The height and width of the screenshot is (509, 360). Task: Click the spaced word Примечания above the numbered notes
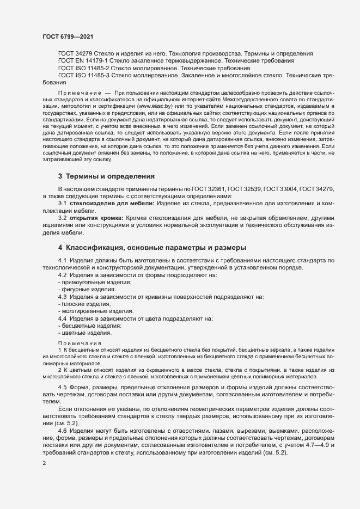point(80,344)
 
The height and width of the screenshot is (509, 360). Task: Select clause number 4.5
point(63,387)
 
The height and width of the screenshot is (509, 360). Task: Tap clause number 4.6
point(63,431)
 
